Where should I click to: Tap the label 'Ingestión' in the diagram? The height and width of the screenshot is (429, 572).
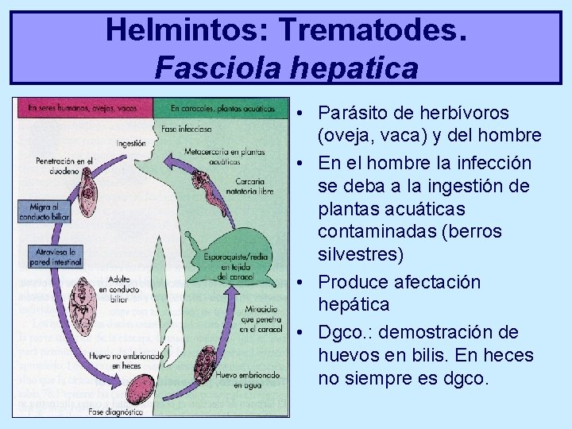tap(130, 143)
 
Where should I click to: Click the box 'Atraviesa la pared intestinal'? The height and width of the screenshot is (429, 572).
tap(49, 255)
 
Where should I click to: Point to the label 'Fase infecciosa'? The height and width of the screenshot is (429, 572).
tap(185, 128)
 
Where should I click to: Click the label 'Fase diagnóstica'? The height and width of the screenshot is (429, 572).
tap(116, 412)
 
